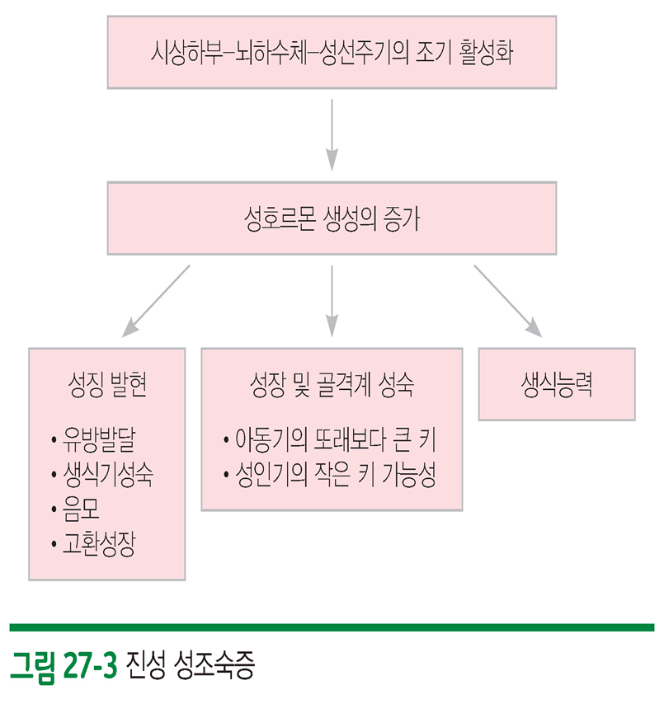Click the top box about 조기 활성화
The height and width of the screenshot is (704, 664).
tap(332, 51)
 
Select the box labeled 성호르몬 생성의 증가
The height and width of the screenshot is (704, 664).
tap(332, 218)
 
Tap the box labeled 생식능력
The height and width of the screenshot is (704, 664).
tap(557, 384)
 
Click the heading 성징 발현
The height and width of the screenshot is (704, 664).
tap(107, 386)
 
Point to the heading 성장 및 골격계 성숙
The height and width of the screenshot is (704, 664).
tap(332, 385)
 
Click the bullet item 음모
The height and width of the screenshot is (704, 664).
tap(79, 510)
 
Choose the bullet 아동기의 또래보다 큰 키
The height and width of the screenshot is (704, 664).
tap(335, 439)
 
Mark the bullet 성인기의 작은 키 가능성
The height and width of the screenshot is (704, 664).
tap(335, 476)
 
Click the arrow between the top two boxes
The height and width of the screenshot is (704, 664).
tap(332, 132)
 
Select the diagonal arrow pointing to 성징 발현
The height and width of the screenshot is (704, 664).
tap(157, 300)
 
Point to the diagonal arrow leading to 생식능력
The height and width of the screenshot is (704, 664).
tap(508, 300)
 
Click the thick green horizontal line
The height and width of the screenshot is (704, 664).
tap(332, 627)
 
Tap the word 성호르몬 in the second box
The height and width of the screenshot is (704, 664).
tap(269, 218)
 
